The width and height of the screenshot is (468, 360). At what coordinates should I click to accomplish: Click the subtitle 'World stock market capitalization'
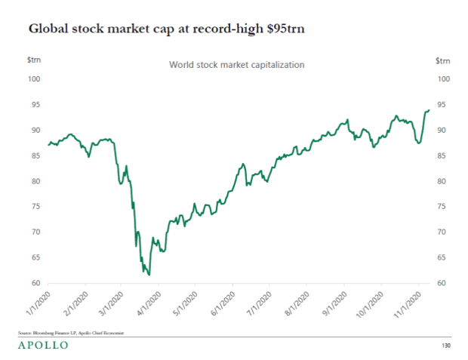(236, 65)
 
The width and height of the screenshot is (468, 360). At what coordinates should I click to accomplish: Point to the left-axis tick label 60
(35, 284)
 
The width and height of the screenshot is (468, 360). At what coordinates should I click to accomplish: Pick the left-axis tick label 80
(35, 181)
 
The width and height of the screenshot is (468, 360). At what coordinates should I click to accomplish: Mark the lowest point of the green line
(149, 275)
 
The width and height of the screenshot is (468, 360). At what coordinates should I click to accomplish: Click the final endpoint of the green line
(429, 110)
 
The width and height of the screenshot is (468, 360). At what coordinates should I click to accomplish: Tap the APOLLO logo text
(42, 345)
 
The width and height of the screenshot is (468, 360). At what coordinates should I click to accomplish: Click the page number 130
(445, 346)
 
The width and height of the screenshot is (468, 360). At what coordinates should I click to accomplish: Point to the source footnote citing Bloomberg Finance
(71, 332)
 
